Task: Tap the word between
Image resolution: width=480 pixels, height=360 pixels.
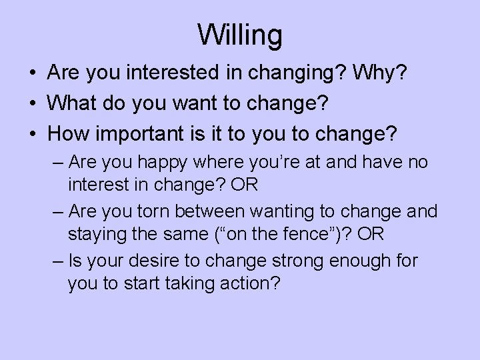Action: pyautogui.click(x=213, y=212)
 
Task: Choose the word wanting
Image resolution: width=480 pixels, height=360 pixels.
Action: pyautogui.click(x=285, y=212)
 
